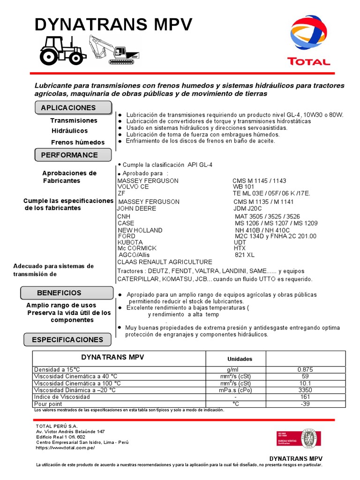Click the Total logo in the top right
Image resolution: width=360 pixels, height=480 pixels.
pyautogui.click(x=309, y=41)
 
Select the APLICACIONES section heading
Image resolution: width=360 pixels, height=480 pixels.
pyautogui.click(x=68, y=107)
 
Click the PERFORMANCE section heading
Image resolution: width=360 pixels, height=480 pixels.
pyautogui.click(x=69, y=155)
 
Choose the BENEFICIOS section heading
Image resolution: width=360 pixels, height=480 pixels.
pyautogui.click(x=59, y=292)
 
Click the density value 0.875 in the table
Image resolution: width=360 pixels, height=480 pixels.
pyautogui.click(x=305, y=369)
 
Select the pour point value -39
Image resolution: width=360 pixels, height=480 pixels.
pyautogui.click(x=305, y=404)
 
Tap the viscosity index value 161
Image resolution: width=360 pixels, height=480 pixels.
pyautogui.click(x=305, y=397)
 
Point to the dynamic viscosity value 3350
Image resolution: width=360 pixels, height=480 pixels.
pyautogui.click(x=305, y=390)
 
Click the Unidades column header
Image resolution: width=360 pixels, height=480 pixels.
pyautogui.click(x=240, y=359)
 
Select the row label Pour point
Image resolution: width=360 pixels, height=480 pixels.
pyautogui.click(x=48, y=404)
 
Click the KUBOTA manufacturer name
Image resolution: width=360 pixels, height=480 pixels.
pyautogui.click(x=130, y=242)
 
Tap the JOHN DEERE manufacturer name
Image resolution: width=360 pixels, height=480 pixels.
pyautogui.click(x=136, y=209)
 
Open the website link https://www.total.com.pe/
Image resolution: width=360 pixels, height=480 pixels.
pyautogui.click(x=65, y=448)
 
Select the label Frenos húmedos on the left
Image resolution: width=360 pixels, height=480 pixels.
pyautogui.click(x=78, y=142)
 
